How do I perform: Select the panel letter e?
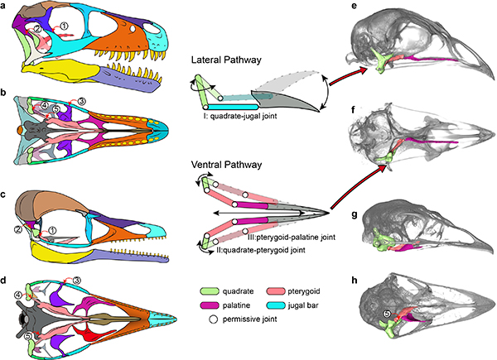(354, 7)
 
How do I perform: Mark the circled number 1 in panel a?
(64, 27)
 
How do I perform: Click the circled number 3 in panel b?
(81, 101)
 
